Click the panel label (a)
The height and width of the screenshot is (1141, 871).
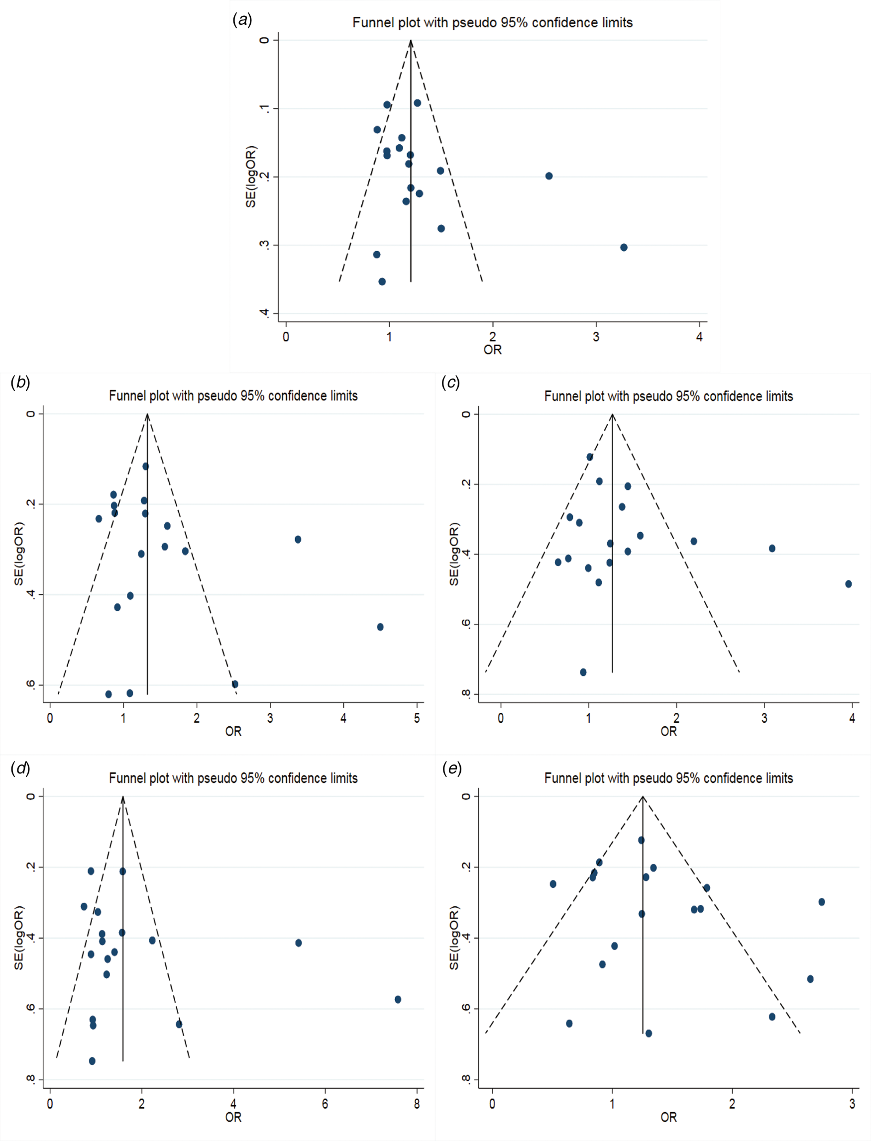[242, 20]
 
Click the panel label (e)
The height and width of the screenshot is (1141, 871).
[451, 768]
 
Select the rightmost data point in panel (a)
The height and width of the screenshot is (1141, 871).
[624, 247]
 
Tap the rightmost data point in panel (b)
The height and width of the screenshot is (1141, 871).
[380, 627]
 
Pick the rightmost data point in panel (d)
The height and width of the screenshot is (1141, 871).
[398, 1000]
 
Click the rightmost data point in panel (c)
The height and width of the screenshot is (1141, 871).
[848, 584]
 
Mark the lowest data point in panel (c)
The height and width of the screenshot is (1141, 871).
[583, 672]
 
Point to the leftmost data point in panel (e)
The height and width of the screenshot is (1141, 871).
[553, 884]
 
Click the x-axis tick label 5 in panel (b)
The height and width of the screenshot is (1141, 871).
[417, 718]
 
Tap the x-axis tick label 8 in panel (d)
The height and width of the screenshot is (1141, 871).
[417, 1104]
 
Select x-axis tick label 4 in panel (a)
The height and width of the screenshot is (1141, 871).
[699, 337]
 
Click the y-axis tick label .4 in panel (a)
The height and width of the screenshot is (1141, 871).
[264, 313]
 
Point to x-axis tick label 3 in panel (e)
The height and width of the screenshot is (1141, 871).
[852, 1104]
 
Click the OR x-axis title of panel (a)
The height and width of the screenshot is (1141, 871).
[493, 350]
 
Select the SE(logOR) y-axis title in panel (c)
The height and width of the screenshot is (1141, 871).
[454, 554]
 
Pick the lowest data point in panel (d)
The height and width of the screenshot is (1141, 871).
[92, 1061]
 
